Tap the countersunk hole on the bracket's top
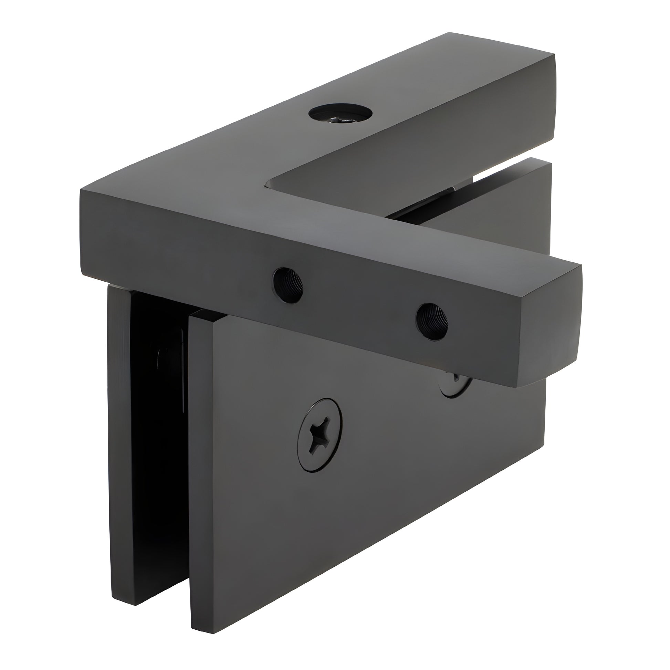pos(340,114)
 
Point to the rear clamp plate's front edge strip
pos(120,451)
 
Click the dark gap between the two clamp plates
pos(159,451)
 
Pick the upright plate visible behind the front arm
pos(503,222)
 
